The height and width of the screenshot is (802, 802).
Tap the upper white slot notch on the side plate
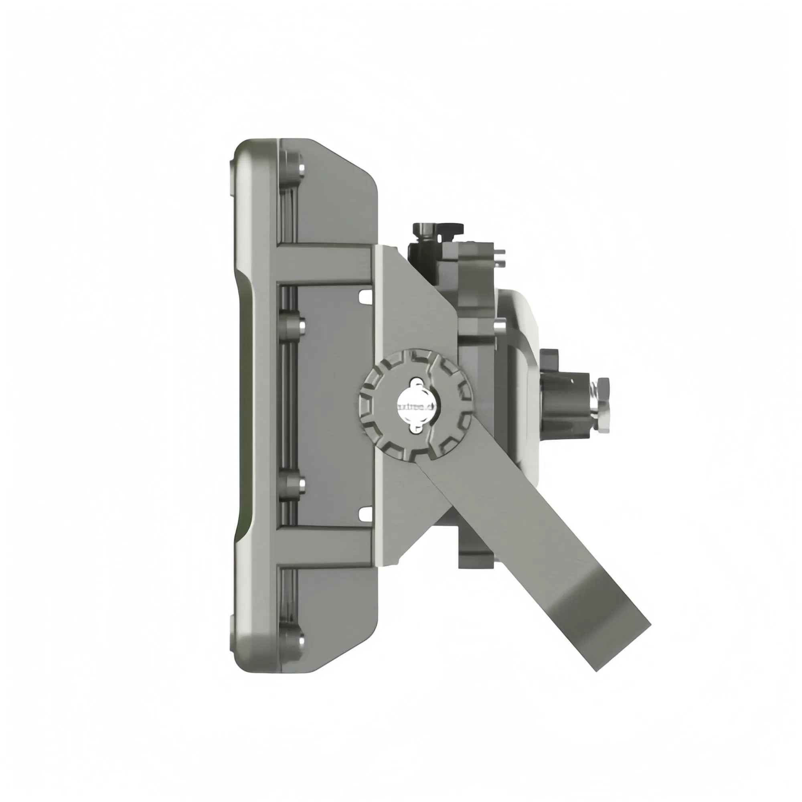pos(365,296)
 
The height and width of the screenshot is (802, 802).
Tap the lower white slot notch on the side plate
pos(365,514)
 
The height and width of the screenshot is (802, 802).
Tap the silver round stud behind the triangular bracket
pos(500,326)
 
